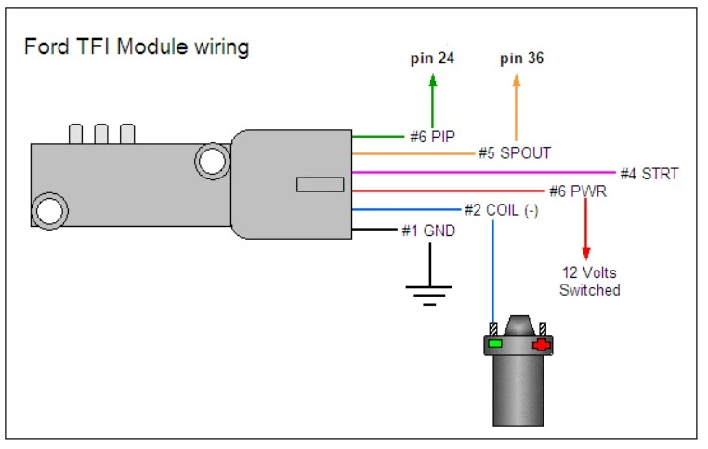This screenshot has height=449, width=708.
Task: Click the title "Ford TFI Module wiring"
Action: tap(137, 47)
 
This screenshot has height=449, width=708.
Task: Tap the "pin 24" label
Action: tap(432, 59)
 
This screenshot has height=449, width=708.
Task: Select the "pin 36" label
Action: tap(521, 59)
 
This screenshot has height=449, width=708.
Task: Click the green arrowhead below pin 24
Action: tap(433, 80)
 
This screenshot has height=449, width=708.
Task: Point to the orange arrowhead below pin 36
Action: tap(517, 80)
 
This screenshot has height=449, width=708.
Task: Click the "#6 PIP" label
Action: tap(432, 137)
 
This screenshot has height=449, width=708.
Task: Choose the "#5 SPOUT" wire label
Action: tap(515, 153)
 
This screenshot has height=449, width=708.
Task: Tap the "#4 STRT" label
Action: tap(649, 174)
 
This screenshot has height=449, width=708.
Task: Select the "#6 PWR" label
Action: tap(578, 191)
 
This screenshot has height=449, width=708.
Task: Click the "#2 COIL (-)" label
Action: tap(501, 210)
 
